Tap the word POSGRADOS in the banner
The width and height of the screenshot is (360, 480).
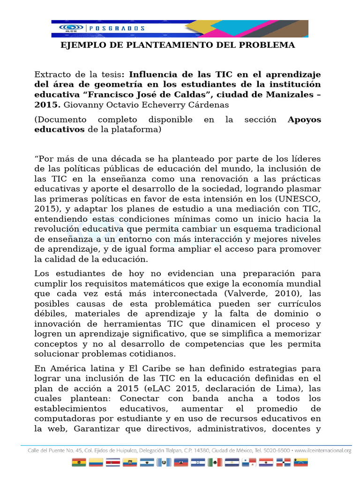(109, 28)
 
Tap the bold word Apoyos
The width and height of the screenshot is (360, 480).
(304, 120)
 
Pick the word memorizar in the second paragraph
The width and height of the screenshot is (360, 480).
(298, 333)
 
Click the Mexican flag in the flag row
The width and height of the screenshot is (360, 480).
(215, 463)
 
